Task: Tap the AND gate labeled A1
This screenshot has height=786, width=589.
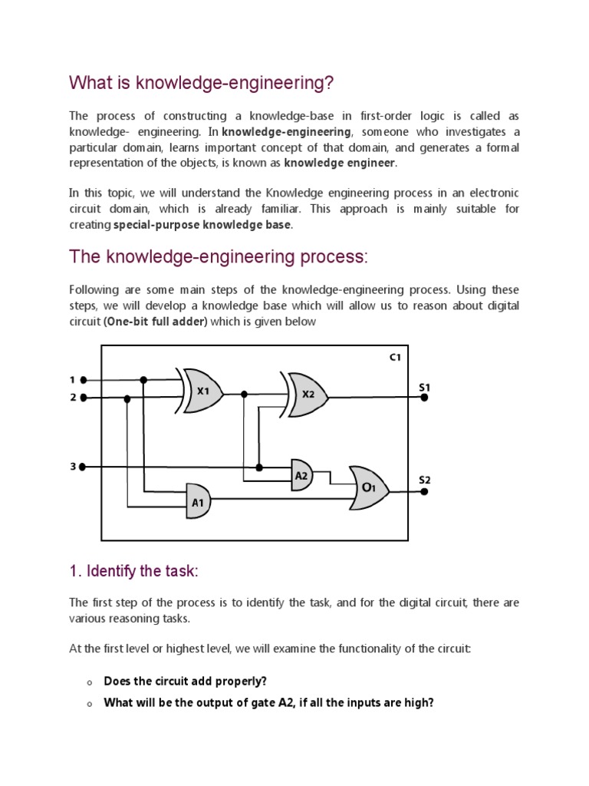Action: click(198, 502)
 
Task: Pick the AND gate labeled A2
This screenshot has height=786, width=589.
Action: click(302, 475)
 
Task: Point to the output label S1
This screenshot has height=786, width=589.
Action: click(424, 388)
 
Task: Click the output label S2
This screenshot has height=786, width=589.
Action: click(424, 480)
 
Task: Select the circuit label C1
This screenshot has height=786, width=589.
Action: click(394, 358)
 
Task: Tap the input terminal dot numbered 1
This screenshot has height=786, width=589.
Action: click(84, 380)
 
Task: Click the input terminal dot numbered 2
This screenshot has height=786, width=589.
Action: click(84, 398)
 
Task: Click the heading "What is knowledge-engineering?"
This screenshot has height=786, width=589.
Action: click(202, 82)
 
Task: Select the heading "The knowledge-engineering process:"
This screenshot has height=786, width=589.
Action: click(219, 256)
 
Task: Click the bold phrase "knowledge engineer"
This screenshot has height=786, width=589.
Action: click(340, 163)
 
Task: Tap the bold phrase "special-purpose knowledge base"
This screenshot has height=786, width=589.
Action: click(202, 225)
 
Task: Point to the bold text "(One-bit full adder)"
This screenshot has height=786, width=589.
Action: click(156, 322)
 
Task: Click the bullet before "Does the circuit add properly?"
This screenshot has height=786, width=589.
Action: click(89, 682)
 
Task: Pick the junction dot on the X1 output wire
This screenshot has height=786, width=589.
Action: click(244, 394)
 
